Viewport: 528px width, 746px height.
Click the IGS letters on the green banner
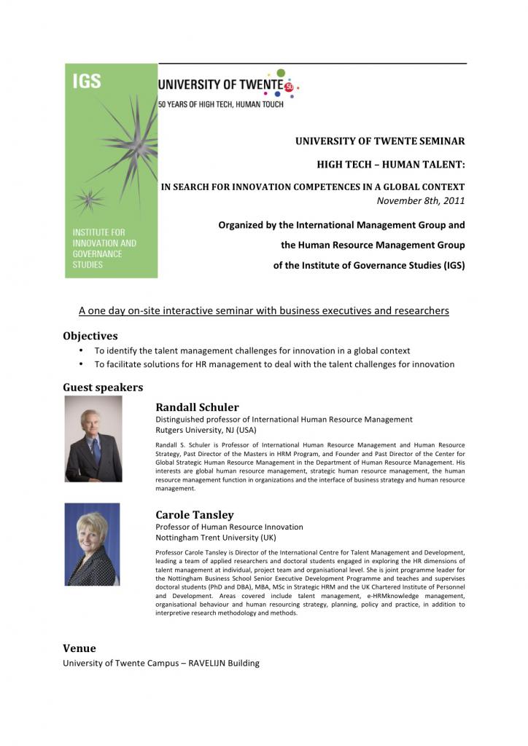point(87,81)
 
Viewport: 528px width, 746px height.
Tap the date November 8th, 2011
point(420,200)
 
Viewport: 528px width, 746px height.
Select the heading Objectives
point(90,336)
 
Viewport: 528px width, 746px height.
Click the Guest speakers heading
point(103,388)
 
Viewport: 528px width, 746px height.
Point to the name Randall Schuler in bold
point(197,407)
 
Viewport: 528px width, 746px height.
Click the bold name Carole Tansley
point(195,515)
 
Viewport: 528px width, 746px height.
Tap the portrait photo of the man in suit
point(93,439)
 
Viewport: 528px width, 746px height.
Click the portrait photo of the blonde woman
point(92,543)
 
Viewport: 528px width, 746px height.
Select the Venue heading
point(79,648)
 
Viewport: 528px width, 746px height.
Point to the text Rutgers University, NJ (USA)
point(206,430)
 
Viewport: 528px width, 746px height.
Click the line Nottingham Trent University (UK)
point(217,538)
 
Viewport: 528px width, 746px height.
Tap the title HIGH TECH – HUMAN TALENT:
point(390,165)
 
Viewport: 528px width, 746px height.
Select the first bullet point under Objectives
point(252,350)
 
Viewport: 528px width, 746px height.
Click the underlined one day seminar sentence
point(263,311)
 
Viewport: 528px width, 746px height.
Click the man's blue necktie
point(96,451)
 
